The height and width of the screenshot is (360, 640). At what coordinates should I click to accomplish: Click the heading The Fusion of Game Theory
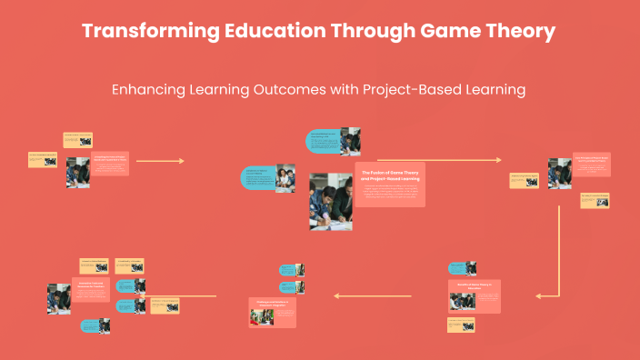tap(389, 173)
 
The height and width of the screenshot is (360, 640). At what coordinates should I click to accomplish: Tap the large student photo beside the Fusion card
tap(330, 201)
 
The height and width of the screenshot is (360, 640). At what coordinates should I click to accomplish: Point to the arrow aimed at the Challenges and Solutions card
tap(372, 295)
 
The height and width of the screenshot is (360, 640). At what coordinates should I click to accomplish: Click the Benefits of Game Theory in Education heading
tap(473, 287)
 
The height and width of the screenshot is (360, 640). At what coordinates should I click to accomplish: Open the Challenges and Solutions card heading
tap(272, 302)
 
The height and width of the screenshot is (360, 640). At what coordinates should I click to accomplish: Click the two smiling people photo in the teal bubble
tap(285, 178)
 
